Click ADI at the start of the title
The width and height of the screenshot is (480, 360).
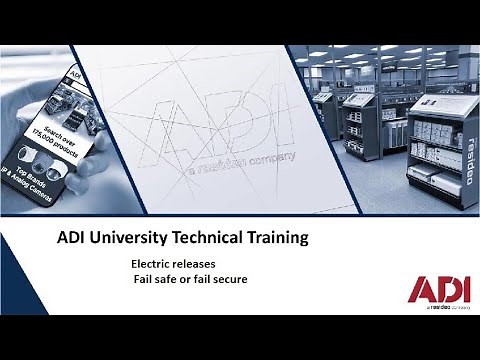(x=69, y=239)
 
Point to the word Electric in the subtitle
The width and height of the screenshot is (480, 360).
(x=152, y=263)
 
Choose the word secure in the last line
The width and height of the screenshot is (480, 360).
(x=229, y=279)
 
